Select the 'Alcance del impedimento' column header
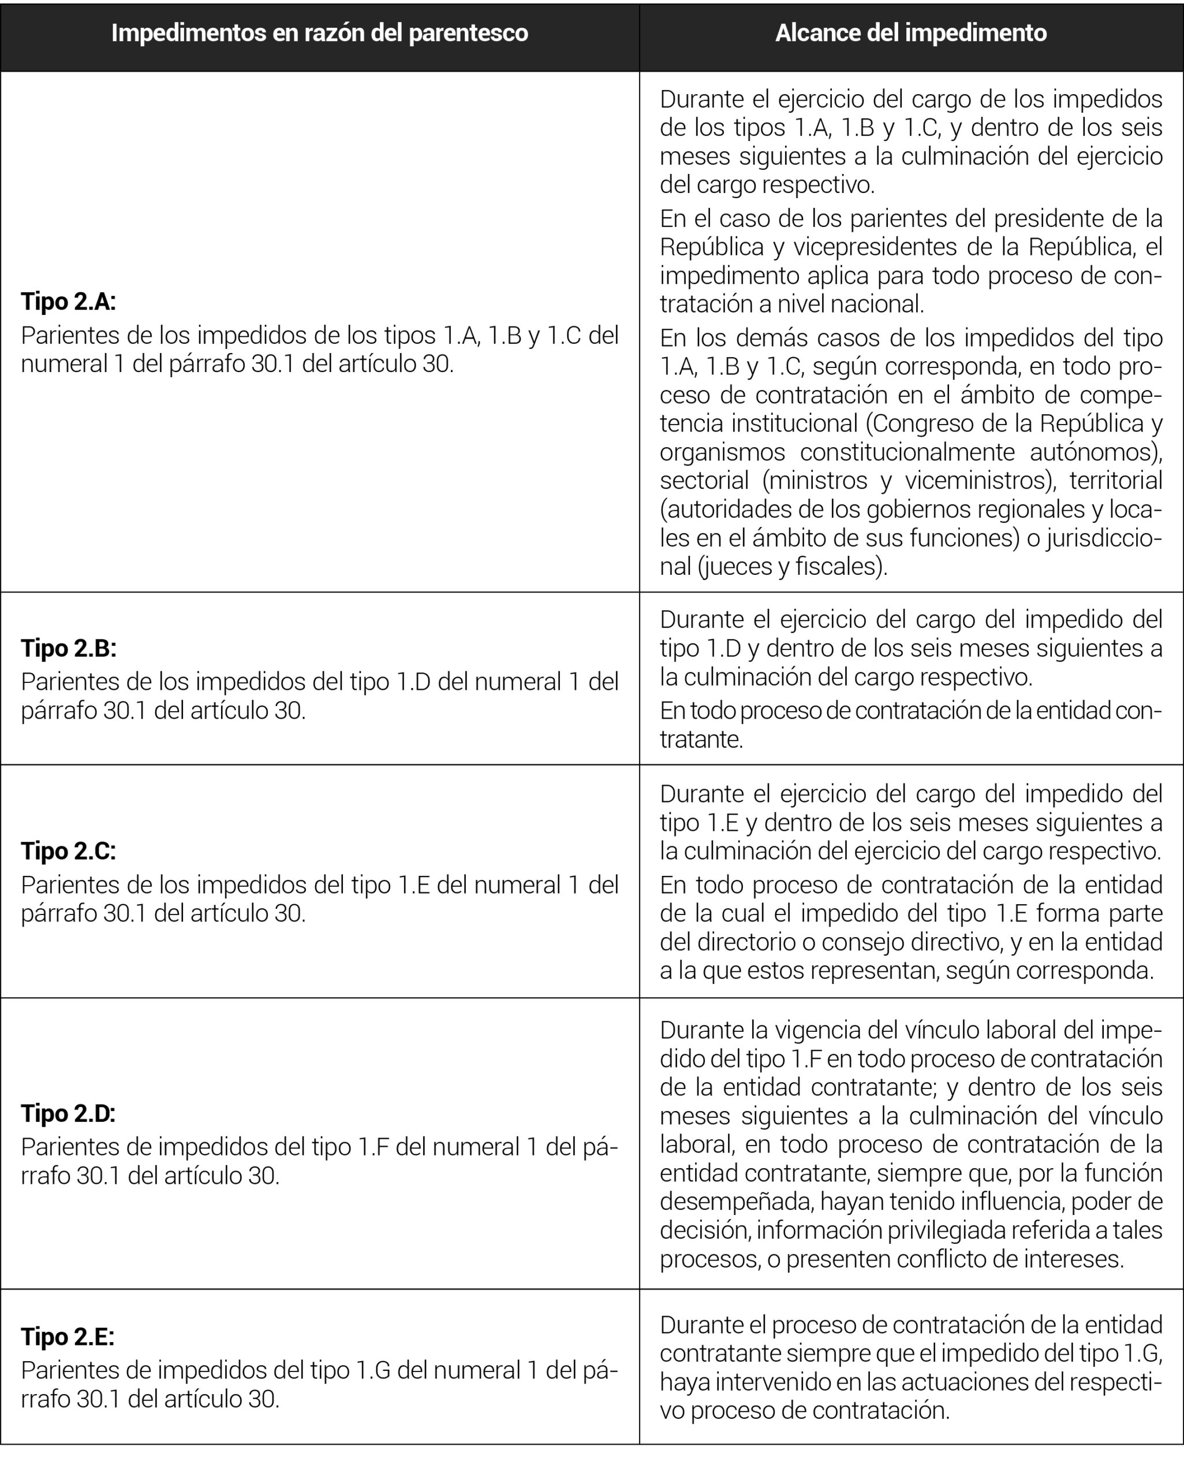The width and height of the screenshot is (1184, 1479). click(x=910, y=33)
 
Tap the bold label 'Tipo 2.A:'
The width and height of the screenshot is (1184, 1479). click(x=69, y=301)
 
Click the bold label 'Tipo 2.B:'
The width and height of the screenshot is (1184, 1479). click(x=69, y=648)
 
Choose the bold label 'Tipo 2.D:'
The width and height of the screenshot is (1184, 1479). click(x=69, y=1113)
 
